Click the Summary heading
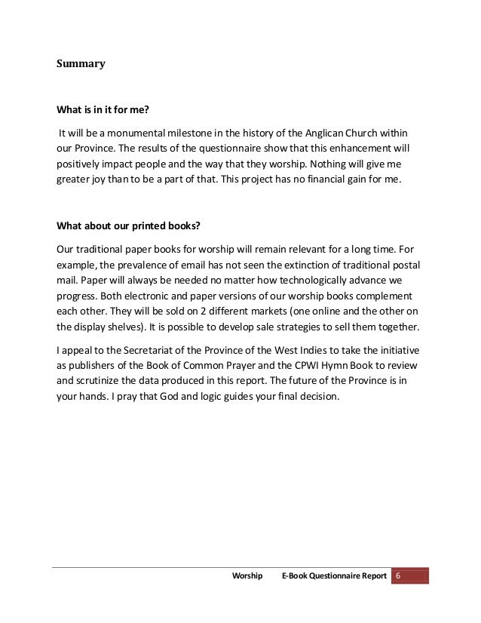[x=81, y=64]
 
